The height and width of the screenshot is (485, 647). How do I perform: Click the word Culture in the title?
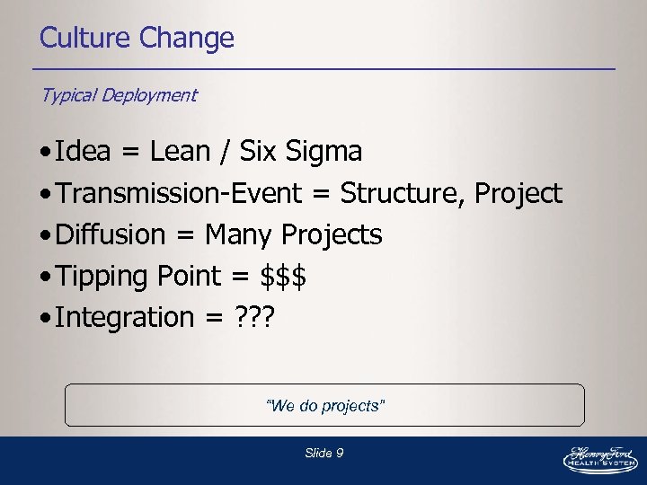(86, 39)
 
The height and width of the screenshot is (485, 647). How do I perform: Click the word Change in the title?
(187, 39)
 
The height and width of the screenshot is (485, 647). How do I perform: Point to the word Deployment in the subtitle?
(148, 95)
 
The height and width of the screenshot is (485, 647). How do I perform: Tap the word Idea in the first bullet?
(82, 152)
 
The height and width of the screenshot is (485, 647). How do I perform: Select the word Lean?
(179, 152)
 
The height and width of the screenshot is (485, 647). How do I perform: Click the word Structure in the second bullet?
(402, 193)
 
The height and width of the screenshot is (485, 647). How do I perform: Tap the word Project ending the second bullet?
(518, 193)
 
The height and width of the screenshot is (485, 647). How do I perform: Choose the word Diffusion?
(111, 234)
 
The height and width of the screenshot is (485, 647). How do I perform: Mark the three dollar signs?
(283, 276)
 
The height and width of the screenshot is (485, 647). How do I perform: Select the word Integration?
(123, 317)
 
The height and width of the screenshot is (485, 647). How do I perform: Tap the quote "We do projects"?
(325, 406)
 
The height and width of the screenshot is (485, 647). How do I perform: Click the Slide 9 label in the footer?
(323, 454)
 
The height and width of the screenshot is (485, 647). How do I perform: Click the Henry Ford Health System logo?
(599, 458)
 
